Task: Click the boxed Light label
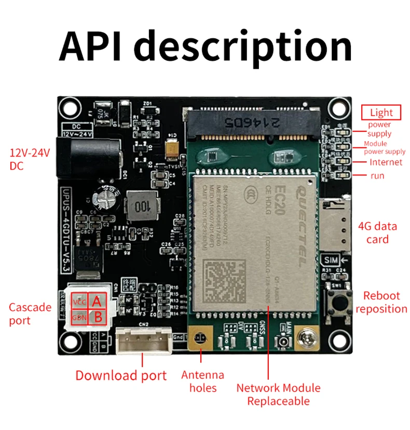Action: point(381,112)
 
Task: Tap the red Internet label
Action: point(386,162)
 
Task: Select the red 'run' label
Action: point(377,176)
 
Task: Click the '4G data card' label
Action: point(377,233)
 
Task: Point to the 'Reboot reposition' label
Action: point(381,302)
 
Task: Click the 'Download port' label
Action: point(121,376)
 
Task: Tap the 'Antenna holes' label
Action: point(203,381)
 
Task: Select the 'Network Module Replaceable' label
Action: point(278,394)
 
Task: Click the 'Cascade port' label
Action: point(30,314)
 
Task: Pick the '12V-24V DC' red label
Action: point(31,159)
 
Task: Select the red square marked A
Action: point(97,301)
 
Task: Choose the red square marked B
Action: point(97,316)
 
